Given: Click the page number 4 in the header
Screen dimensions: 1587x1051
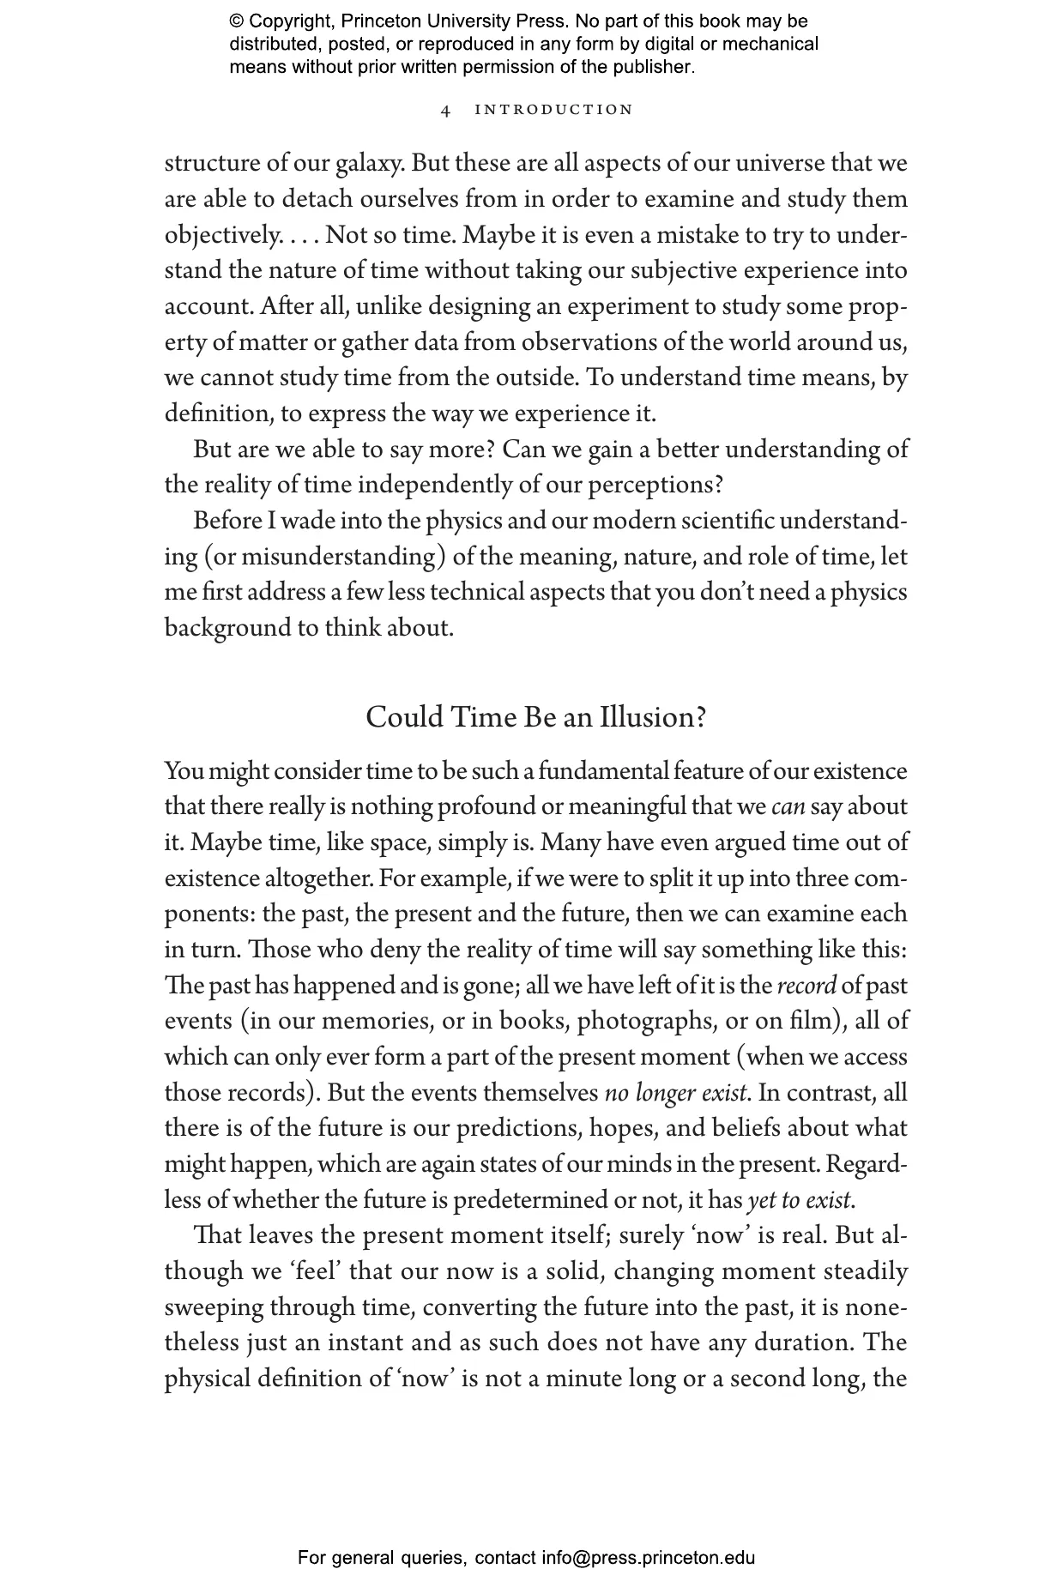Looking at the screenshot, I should point(445,110).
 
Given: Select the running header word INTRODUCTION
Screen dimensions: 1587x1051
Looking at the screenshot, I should point(553,110).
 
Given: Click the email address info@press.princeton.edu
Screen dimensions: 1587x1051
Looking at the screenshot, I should point(648,1557).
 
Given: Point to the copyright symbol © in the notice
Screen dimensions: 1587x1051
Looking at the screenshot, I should point(237,21).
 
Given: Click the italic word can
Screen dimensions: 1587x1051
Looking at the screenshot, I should point(788,806).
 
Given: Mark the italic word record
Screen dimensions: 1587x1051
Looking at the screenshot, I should point(806,985).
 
